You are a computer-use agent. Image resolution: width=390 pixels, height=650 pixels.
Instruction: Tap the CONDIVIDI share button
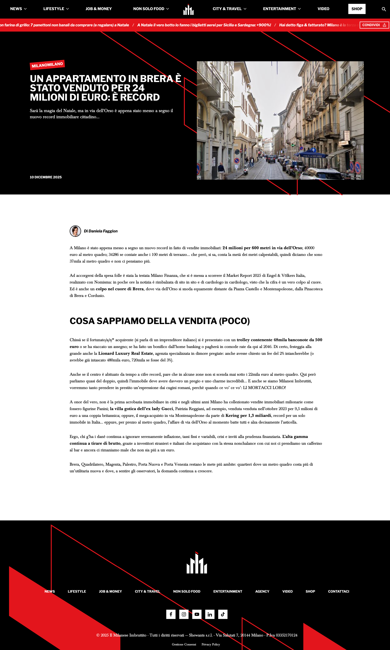pos(374,25)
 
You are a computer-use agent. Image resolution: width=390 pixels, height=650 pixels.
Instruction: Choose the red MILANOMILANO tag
pos(47,65)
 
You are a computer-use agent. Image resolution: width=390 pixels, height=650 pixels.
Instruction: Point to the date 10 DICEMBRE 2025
pos(46,177)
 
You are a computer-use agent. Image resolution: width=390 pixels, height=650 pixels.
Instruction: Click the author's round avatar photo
pos(75,231)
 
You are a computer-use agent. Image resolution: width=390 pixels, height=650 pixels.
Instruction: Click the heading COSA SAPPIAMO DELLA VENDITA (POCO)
pos(160,321)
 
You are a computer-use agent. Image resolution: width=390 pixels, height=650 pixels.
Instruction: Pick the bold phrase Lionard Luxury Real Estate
pos(126,353)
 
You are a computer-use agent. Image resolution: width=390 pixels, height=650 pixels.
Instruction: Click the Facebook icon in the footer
pos(171,614)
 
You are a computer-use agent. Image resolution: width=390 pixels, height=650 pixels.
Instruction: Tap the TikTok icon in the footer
pos(223,614)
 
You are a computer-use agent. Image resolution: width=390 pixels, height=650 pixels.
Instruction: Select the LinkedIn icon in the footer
pos(210,614)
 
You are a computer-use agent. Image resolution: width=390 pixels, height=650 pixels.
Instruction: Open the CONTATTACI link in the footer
pos(339,591)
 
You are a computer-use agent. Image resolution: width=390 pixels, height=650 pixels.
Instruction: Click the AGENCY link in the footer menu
pos(262,591)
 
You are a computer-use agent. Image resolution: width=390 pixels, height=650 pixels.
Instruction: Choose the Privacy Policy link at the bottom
pos(210,644)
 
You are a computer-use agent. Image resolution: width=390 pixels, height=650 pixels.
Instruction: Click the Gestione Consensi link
pos(184,644)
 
